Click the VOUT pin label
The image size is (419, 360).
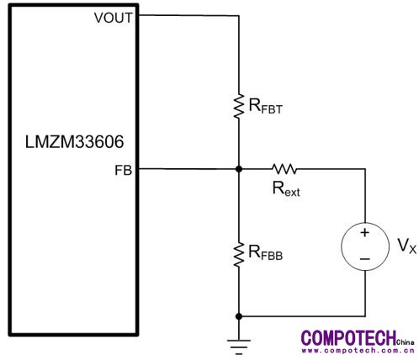tap(113, 18)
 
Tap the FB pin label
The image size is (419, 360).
tap(123, 170)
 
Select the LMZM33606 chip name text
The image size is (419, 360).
tap(74, 142)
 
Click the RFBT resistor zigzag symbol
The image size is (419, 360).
tap(239, 106)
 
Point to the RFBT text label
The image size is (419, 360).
tap(265, 107)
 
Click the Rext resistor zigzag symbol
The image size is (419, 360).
tap(284, 169)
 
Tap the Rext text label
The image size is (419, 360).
tap(286, 189)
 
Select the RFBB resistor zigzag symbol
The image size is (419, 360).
tap(239, 255)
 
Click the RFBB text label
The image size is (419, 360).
tap(265, 253)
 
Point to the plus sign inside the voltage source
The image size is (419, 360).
tap(364, 232)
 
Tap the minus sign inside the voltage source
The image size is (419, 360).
tap(364, 259)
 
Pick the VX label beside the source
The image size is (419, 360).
tap(406, 246)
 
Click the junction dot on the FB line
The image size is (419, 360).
tap(239, 169)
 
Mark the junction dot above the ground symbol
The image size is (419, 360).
tap(239, 316)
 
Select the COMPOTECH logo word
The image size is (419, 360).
tap(348, 338)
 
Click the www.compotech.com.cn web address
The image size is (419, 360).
tap(358, 351)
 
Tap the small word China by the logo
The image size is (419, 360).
tap(406, 342)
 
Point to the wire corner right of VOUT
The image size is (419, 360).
tap(239, 15)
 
